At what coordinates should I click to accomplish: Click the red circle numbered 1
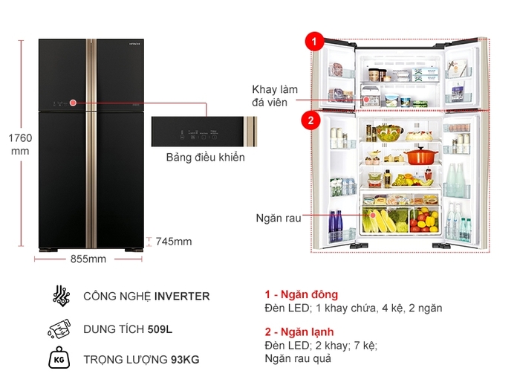(316, 42)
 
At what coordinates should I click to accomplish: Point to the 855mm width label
(88, 259)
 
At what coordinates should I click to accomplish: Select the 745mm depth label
(173, 241)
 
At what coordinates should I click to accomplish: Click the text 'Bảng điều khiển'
(205, 158)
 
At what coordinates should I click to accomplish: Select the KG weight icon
(60, 360)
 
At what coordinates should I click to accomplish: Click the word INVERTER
(182, 296)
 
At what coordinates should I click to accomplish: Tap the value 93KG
(184, 360)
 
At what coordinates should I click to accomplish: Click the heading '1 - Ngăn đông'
(301, 294)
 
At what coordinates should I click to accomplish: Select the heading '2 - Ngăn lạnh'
(299, 332)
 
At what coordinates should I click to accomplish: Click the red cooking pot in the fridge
(420, 155)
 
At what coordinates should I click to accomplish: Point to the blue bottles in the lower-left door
(336, 221)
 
